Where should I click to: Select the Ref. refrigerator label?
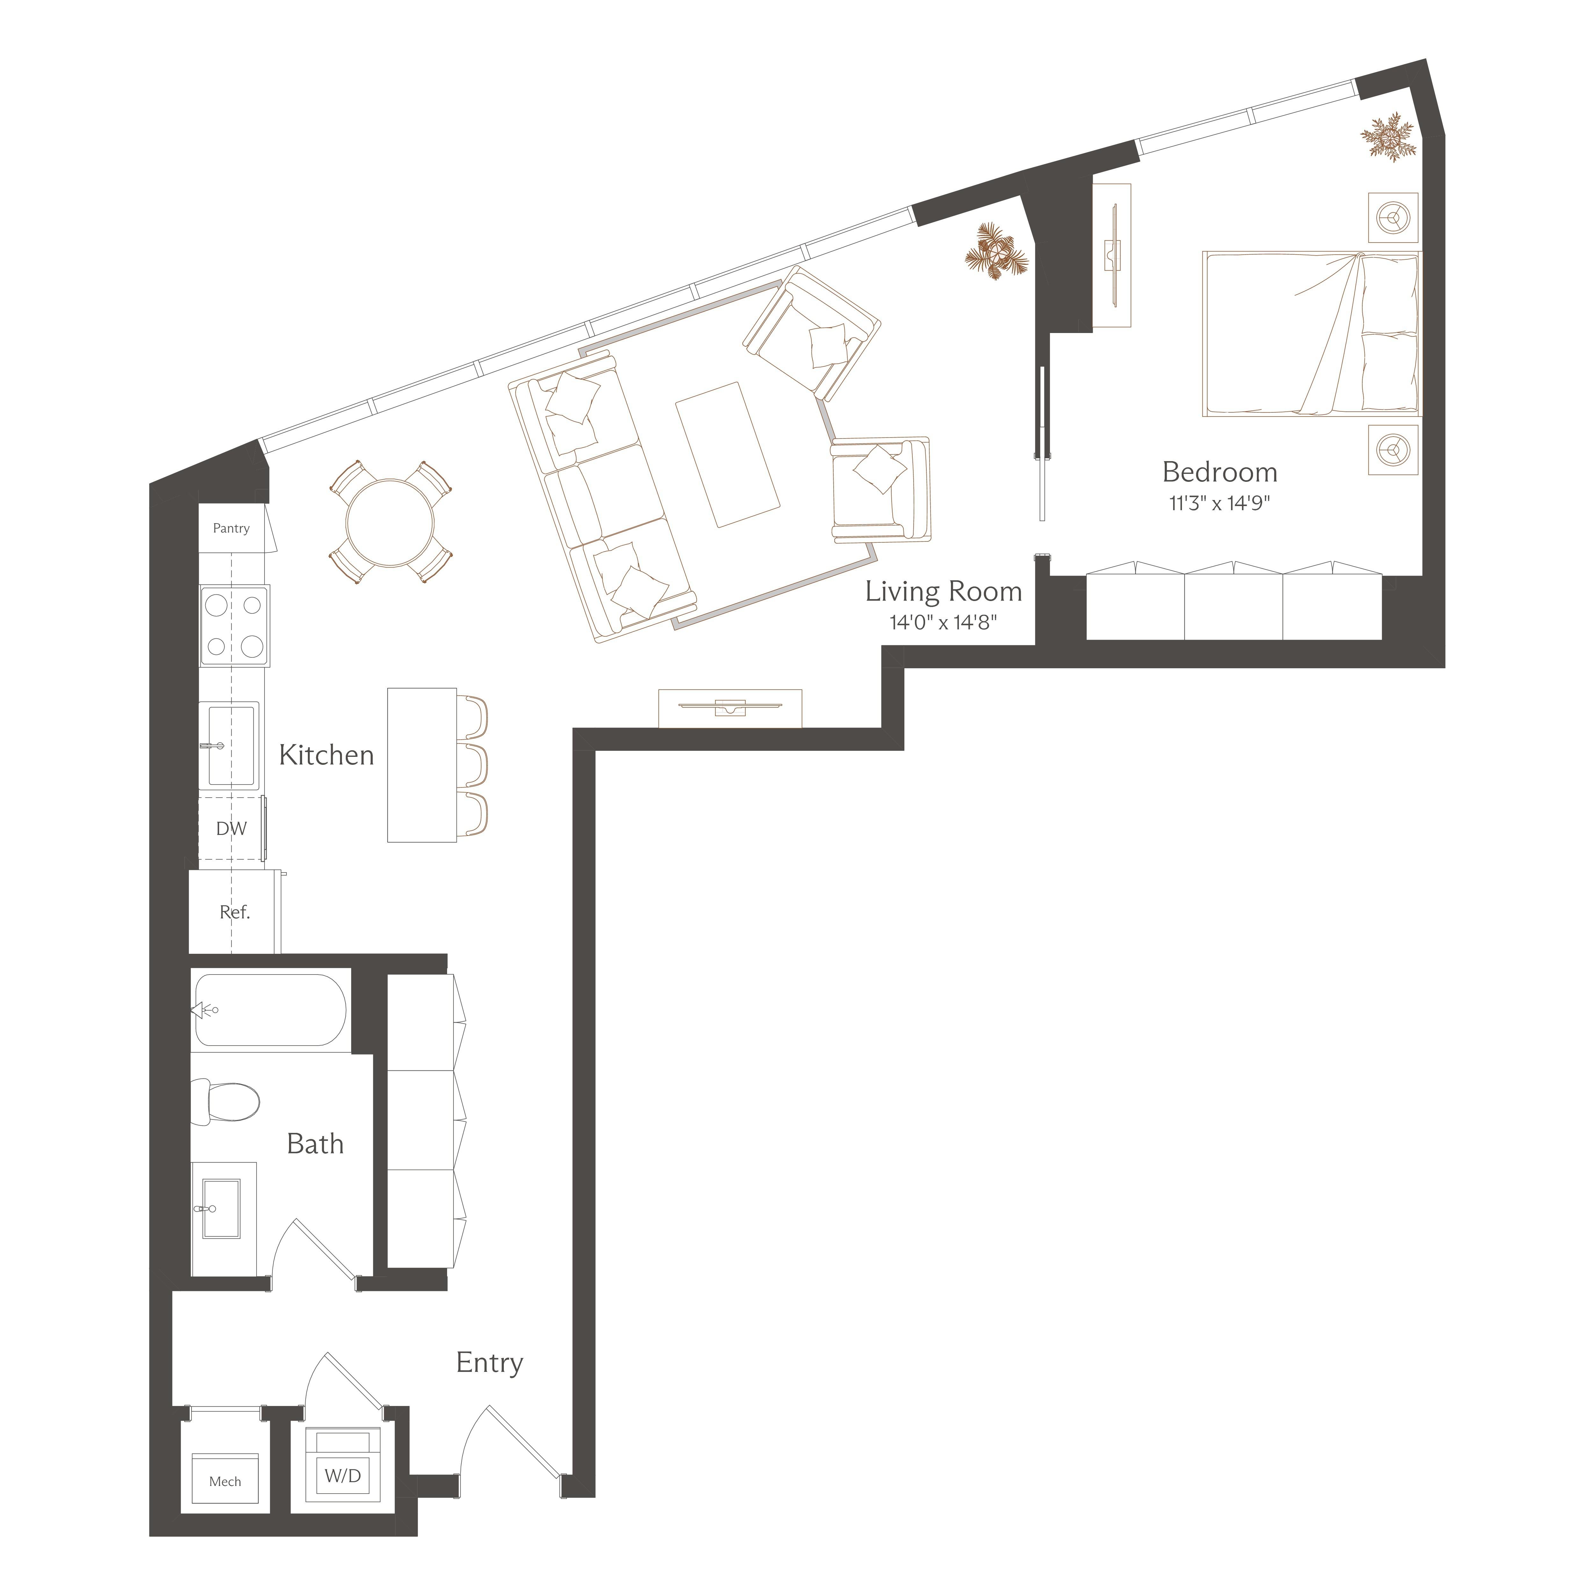tap(234, 912)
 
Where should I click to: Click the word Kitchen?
tap(326, 755)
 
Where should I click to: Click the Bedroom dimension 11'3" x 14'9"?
tap(1220, 503)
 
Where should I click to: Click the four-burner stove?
tap(234, 625)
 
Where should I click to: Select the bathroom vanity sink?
tap(221, 1209)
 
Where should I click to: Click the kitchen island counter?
tap(422, 765)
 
